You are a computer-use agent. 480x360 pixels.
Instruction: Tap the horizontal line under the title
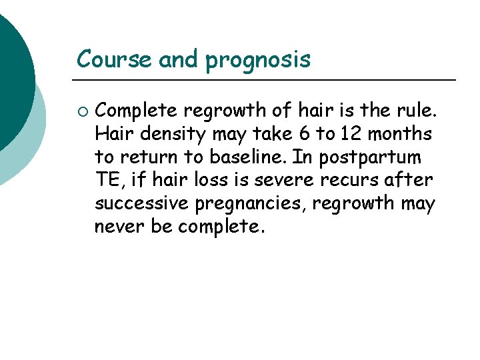(x=267, y=80)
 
